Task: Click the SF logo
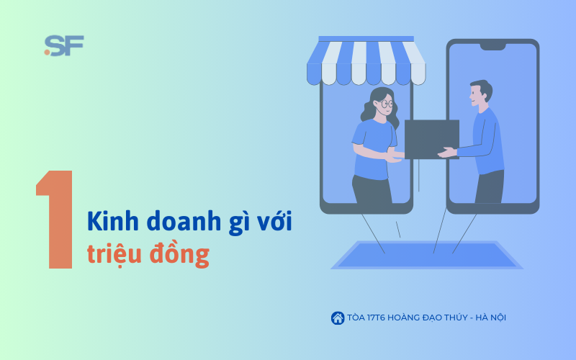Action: (64, 45)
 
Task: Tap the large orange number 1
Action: (55, 220)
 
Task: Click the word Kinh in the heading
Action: (113, 221)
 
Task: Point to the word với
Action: (274, 221)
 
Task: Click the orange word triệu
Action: (114, 254)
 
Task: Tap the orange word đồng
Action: (179, 254)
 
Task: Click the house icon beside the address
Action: (338, 318)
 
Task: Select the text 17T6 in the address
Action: (376, 318)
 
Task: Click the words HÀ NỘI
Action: (490, 318)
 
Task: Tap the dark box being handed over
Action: (432, 139)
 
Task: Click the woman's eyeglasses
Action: (386, 104)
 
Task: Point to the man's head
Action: (480, 93)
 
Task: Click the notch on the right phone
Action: (492, 47)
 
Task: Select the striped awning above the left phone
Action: (366, 61)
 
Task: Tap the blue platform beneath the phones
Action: (427, 255)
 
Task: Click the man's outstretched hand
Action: (447, 152)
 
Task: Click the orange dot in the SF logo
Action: (47, 52)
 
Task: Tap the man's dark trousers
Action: (490, 187)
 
